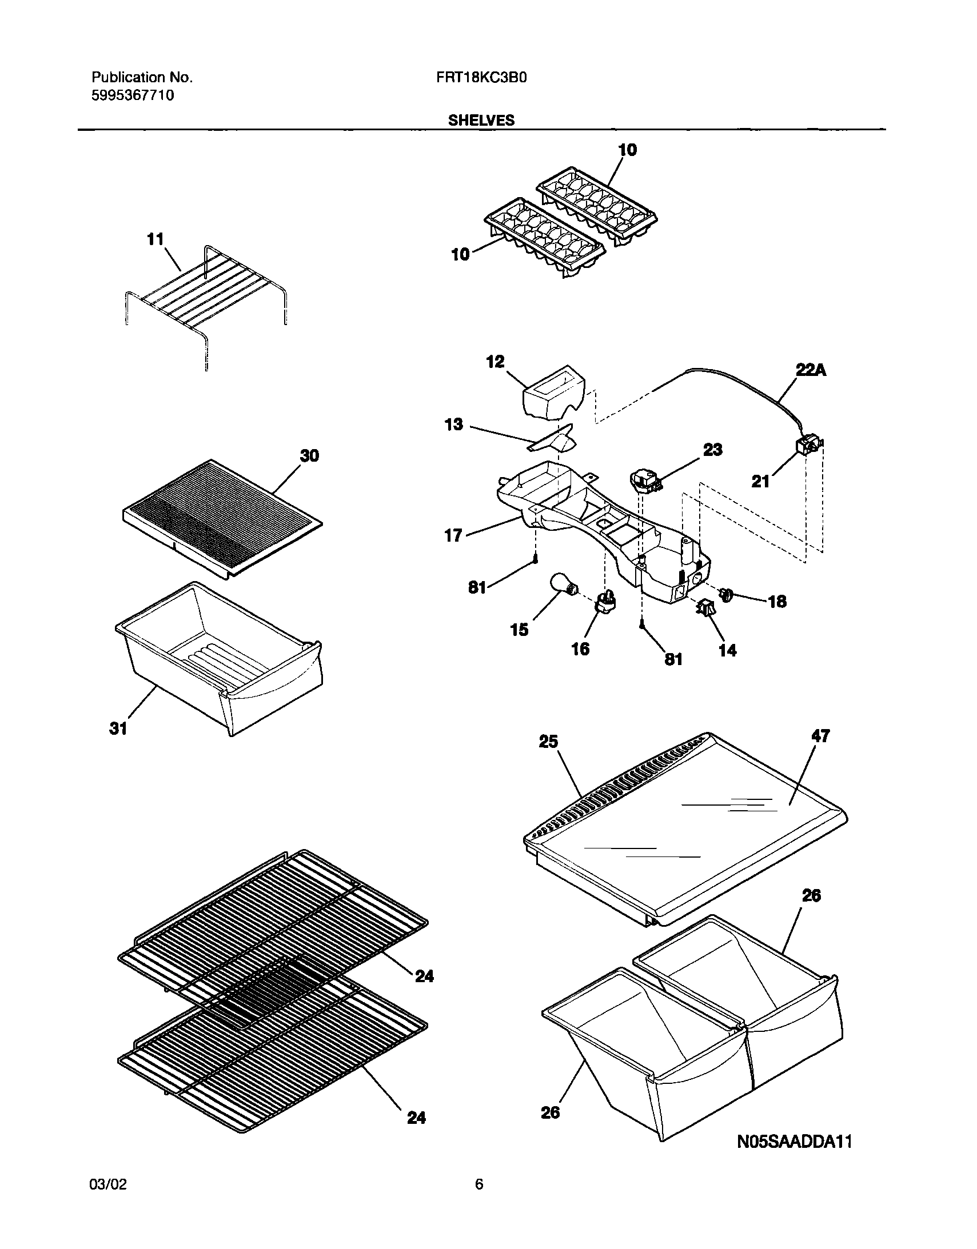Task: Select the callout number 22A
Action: [x=811, y=371]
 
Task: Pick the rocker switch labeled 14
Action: [x=705, y=609]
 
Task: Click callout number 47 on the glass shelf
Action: [x=820, y=736]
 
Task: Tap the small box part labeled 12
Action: [x=554, y=394]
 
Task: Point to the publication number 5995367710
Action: [x=133, y=95]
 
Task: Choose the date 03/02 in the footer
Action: [x=108, y=1184]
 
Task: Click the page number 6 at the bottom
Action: [x=479, y=1184]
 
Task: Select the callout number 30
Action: [x=310, y=456]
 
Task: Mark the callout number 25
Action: [x=548, y=742]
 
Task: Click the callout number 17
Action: [x=453, y=535]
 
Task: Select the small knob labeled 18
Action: [x=727, y=595]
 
